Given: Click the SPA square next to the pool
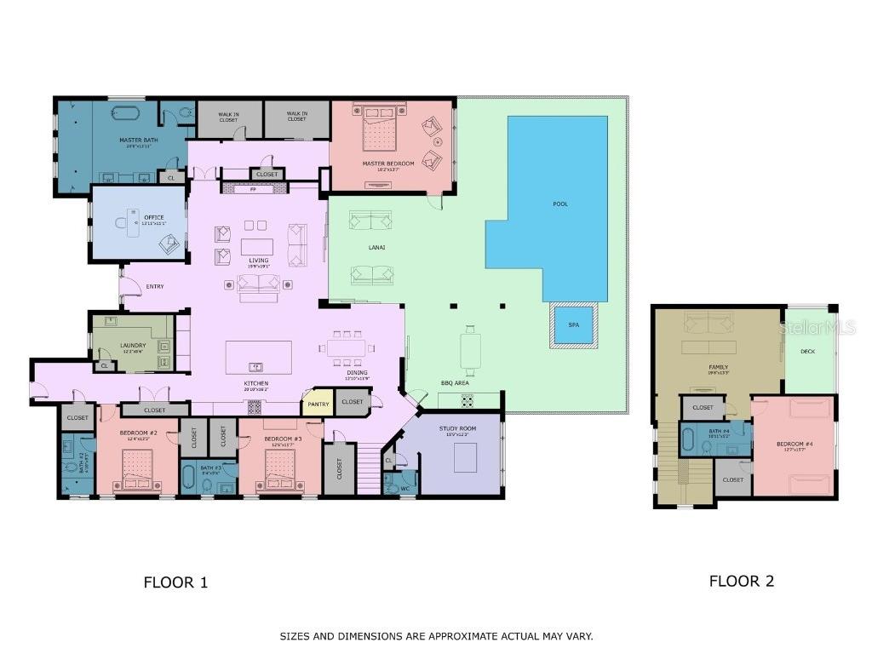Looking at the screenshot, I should pos(573,324).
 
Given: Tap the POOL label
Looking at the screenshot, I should pos(559,204).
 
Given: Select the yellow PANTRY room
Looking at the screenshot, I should pos(318,404).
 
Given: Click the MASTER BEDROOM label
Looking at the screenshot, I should pos(387,163).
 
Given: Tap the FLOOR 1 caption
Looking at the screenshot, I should pos(175,582).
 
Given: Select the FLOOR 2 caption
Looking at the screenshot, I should pos(741,581).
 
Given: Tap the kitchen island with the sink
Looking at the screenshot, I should pos(258,357).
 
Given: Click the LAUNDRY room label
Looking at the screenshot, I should pos(132,345).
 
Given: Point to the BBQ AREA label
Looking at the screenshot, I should pos(455,383).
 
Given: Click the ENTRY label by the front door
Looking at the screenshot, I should pos(155,286).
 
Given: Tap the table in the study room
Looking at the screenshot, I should pos(464,458).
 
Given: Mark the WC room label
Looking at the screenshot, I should pos(406,489).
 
